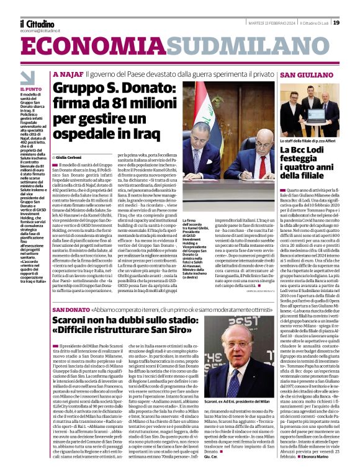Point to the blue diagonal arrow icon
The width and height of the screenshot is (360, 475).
click(x=27, y=78)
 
